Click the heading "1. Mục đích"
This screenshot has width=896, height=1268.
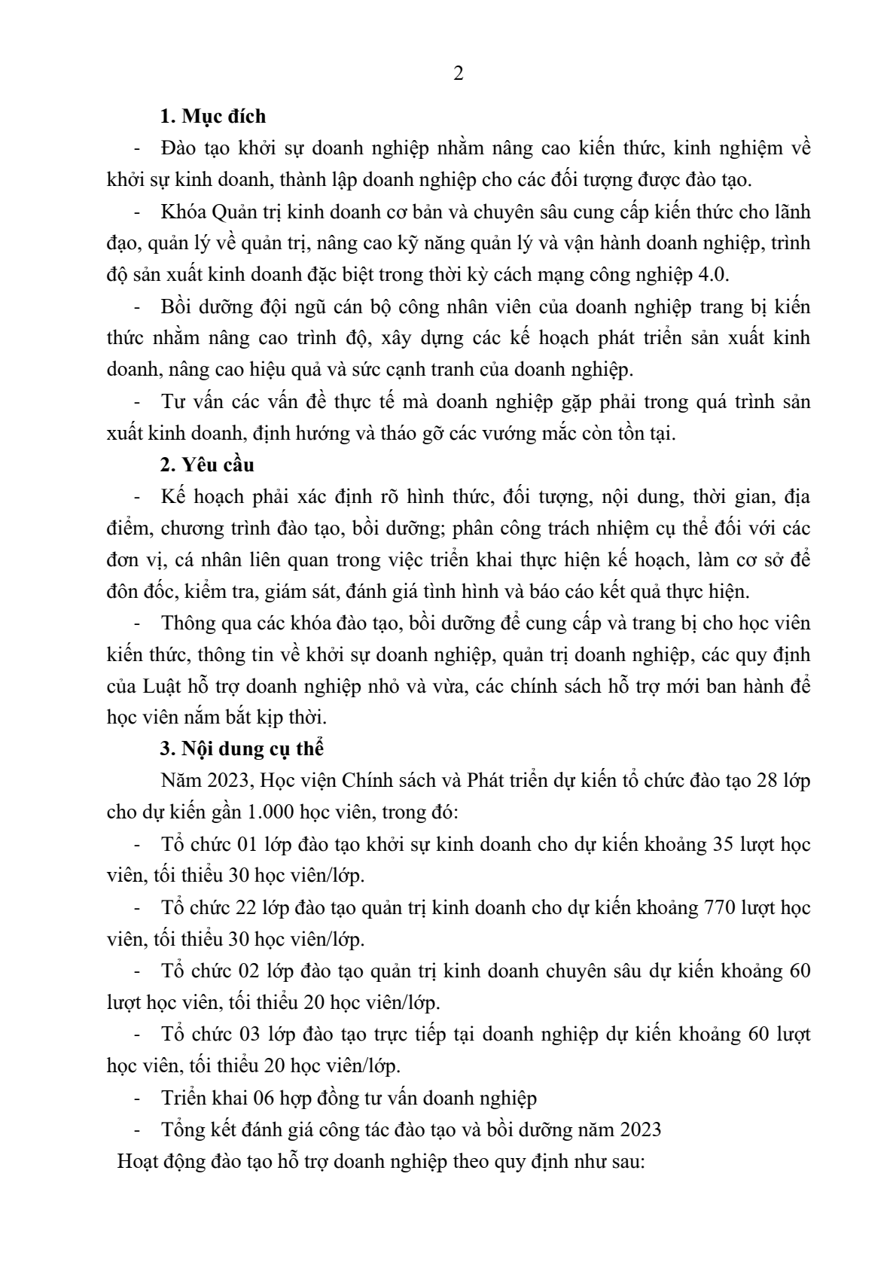click(x=213, y=117)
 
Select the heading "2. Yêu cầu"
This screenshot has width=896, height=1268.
click(x=207, y=465)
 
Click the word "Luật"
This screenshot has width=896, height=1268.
click(x=159, y=686)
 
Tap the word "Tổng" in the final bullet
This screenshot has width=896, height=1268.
click(x=182, y=1129)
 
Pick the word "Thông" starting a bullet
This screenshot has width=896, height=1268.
click(x=185, y=623)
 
